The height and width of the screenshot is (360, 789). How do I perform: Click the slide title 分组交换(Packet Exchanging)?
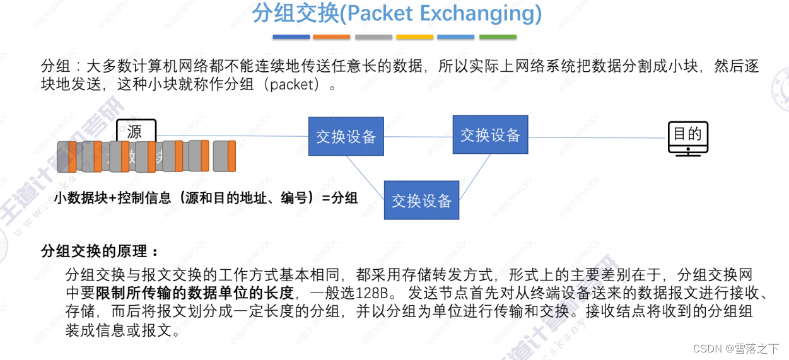(397, 14)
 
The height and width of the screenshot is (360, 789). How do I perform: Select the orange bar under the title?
(331, 37)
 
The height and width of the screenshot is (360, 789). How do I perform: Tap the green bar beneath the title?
(498, 37)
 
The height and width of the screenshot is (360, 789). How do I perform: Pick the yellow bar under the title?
(414, 37)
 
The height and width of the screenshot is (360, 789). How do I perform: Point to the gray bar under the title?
(373, 37)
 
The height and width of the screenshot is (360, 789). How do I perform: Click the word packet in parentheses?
(291, 85)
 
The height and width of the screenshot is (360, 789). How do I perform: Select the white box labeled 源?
(136, 132)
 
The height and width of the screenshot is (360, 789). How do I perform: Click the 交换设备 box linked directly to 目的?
(490, 134)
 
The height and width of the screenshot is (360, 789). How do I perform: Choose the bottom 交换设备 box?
(421, 200)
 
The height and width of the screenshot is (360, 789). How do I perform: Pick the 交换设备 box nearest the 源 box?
(346, 136)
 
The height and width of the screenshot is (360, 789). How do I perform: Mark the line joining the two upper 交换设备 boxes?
(418, 136)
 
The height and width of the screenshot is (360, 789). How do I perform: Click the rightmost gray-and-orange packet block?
(224, 156)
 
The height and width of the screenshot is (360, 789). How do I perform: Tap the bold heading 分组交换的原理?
(99, 252)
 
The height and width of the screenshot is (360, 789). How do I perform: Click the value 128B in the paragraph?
(378, 293)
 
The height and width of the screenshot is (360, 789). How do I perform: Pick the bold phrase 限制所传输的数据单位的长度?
(195, 293)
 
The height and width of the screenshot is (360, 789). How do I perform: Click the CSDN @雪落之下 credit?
(735, 349)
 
